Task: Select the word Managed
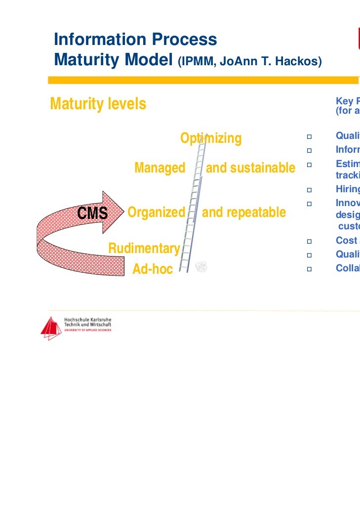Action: pyautogui.click(x=160, y=168)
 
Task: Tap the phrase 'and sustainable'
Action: pyautogui.click(x=250, y=168)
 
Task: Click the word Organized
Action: pyautogui.click(x=156, y=212)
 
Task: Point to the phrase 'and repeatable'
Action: pyautogui.click(x=244, y=212)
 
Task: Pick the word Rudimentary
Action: pyautogui.click(x=144, y=248)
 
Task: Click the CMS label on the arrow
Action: pyautogui.click(x=92, y=213)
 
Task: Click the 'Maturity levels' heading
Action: pyautogui.click(x=98, y=104)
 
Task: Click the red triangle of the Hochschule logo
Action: pyautogui.click(x=51, y=329)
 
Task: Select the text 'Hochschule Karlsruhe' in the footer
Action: pyautogui.click(x=88, y=320)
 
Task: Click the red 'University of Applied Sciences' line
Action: pyautogui.click(x=87, y=330)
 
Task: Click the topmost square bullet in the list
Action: pyautogui.click(x=309, y=136)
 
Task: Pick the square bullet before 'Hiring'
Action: pyautogui.click(x=309, y=190)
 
